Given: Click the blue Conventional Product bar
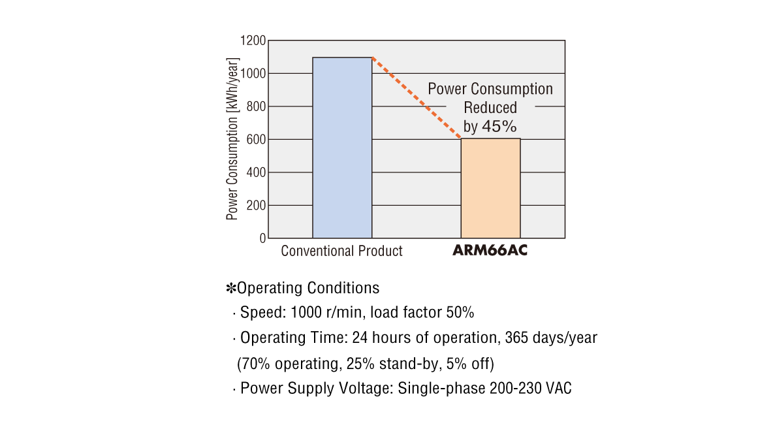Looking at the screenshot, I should (342, 148).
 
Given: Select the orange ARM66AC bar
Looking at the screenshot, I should (490, 188).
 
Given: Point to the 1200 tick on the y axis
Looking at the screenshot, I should (253, 40).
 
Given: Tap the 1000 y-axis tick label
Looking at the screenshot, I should (253, 73).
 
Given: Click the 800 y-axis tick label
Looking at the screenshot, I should (256, 106).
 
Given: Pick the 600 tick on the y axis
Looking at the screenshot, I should (256, 139).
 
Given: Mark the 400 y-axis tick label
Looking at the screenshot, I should (256, 172).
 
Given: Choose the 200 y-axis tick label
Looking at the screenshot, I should (256, 205).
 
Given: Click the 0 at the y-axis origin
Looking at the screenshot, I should (262, 238).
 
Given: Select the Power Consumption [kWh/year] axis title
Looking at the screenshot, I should (232, 139).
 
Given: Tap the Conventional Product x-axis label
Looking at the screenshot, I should (341, 251).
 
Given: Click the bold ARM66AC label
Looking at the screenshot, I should (490, 251).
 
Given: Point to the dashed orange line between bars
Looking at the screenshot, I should (417, 98).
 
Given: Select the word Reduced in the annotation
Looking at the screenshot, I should (490, 108).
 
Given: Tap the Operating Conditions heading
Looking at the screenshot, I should (308, 288).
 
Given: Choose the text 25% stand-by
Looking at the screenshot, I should (401, 363).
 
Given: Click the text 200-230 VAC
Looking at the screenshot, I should (530, 389).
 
